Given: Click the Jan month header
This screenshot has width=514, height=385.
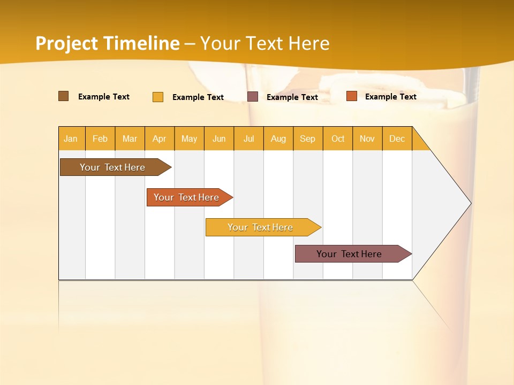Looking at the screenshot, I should [x=71, y=138].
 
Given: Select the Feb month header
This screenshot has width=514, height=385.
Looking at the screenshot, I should [x=100, y=138].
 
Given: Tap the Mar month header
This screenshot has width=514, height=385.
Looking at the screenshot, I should [x=130, y=138].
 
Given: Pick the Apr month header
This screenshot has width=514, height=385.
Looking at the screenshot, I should [x=160, y=138].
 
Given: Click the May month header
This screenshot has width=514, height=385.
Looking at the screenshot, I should [x=189, y=138].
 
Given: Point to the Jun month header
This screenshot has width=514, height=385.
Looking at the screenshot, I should [x=219, y=138].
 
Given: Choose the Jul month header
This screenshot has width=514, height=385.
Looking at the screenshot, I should [x=248, y=138].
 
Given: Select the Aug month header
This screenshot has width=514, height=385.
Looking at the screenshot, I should [x=278, y=138].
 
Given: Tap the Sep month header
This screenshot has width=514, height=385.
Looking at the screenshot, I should [x=308, y=138].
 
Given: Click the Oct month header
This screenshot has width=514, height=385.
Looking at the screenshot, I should [x=338, y=138].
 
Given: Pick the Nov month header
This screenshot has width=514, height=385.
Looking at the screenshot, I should [x=367, y=138].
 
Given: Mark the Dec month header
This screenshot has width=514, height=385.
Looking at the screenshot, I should [x=397, y=138].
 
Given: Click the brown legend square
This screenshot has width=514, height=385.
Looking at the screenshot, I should [x=63, y=96].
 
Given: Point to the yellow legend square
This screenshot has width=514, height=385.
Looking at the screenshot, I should [x=158, y=97].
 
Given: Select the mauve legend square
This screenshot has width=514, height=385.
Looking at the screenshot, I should [x=253, y=97].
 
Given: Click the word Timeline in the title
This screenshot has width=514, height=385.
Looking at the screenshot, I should [x=141, y=43].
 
